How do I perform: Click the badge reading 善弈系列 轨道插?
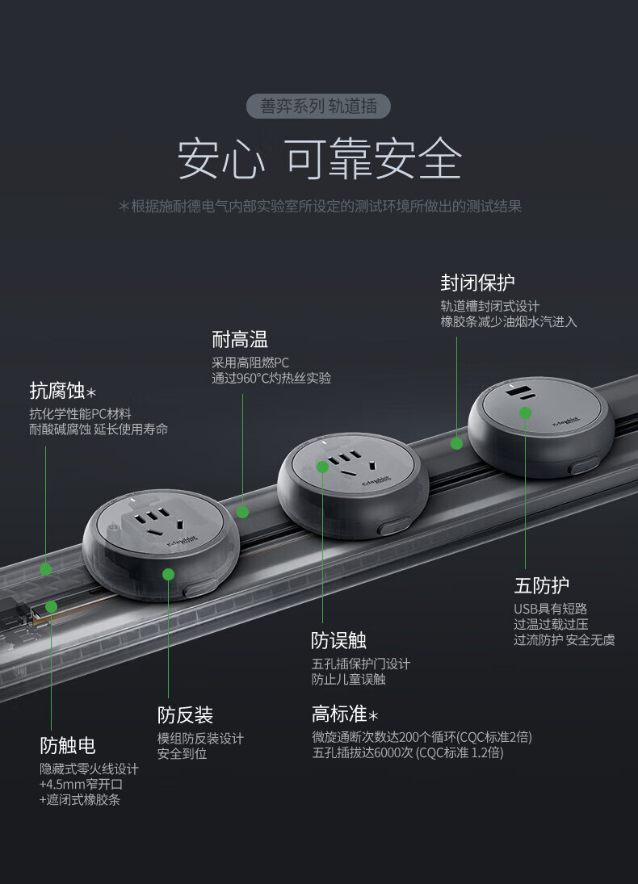pyautogui.click(x=318, y=106)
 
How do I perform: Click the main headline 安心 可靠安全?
pyautogui.click(x=319, y=159)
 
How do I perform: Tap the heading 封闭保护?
pyautogui.click(x=477, y=283)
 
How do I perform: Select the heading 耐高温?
pyautogui.click(x=240, y=339)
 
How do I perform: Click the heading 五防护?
pyautogui.click(x=542, y=585)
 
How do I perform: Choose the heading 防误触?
pyautogui.click(x=339, y=640)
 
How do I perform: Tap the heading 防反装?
pyautogui.click(x=185, y=714)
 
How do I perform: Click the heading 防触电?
pyautogui.click(x=68, y=745)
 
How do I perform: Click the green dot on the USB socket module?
pyautogui.click(x=525, y=413)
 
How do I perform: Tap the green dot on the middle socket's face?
pyautogui.click(x=323, y=467)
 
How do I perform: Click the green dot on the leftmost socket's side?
pyautogui.click(x=168, y=575)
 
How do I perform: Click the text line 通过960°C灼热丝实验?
pyautogui.click(x=271, y=379)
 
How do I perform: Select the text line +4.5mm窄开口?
pyautogui.click(x=82, y=784)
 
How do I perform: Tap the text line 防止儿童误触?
pyautogui.click(x=349, y=680)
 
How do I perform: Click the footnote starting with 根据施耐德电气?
pyautogui.click(x=320, y=207)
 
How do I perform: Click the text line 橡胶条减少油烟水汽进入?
pyautogui.click(x=509, y=322)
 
